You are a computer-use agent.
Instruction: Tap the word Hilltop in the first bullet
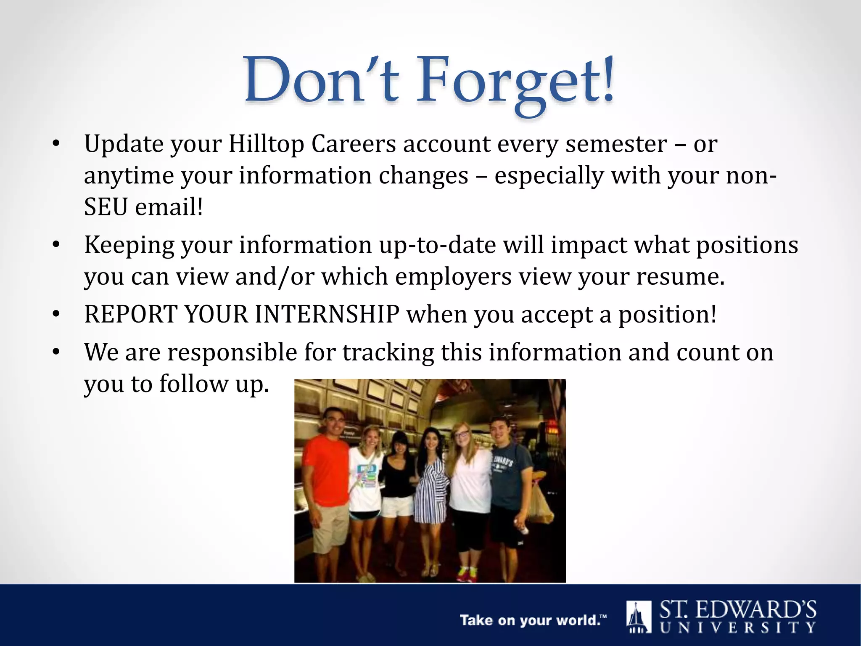[x=266, y=144]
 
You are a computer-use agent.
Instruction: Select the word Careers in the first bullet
[x=354, y=144]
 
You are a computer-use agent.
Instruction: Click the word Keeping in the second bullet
[x=129, y=246]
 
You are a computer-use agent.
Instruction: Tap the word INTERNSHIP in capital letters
[x=327, y=314]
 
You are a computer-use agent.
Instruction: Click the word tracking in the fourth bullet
[x=388, y=352]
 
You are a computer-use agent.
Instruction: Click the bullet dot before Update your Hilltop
[x=56, y=144]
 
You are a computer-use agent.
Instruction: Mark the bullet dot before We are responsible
[x=56, y=352]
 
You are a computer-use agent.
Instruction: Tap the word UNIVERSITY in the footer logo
[x=738, y=628]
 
